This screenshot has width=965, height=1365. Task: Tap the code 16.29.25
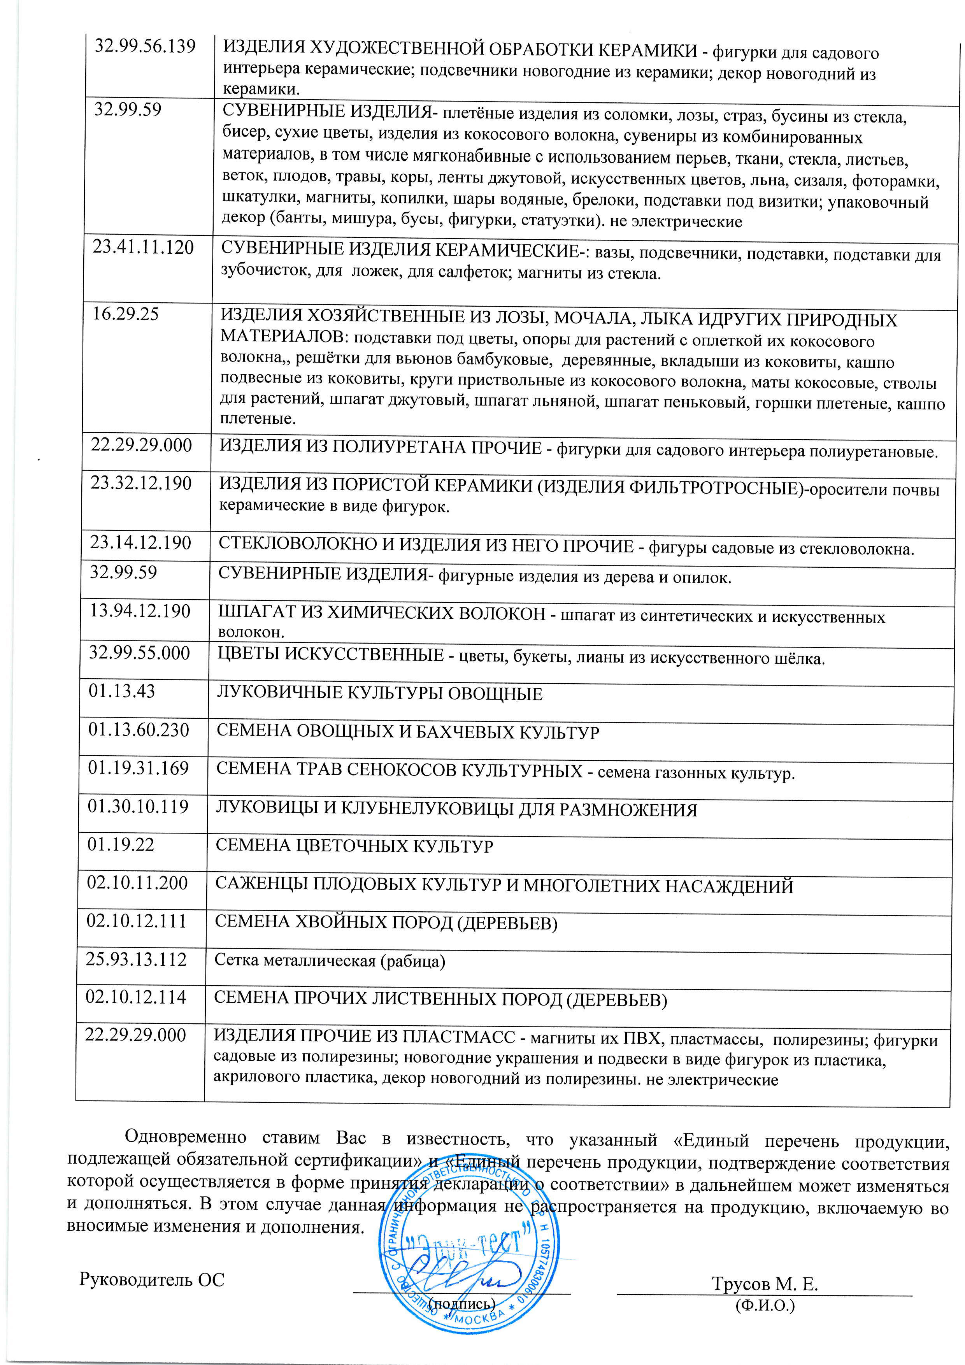point(125,314)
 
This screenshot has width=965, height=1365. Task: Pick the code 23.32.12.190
point(142,483)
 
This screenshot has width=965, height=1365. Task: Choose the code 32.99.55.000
point(140,653)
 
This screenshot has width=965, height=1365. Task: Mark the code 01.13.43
point(122,691)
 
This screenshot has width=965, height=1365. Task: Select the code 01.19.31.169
point(139,768)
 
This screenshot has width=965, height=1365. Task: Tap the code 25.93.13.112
point(137,960)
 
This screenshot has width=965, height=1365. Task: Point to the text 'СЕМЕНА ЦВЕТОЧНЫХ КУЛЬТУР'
point(354,846)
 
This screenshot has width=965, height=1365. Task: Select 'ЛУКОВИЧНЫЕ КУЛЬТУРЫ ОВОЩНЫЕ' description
point(379,694)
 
